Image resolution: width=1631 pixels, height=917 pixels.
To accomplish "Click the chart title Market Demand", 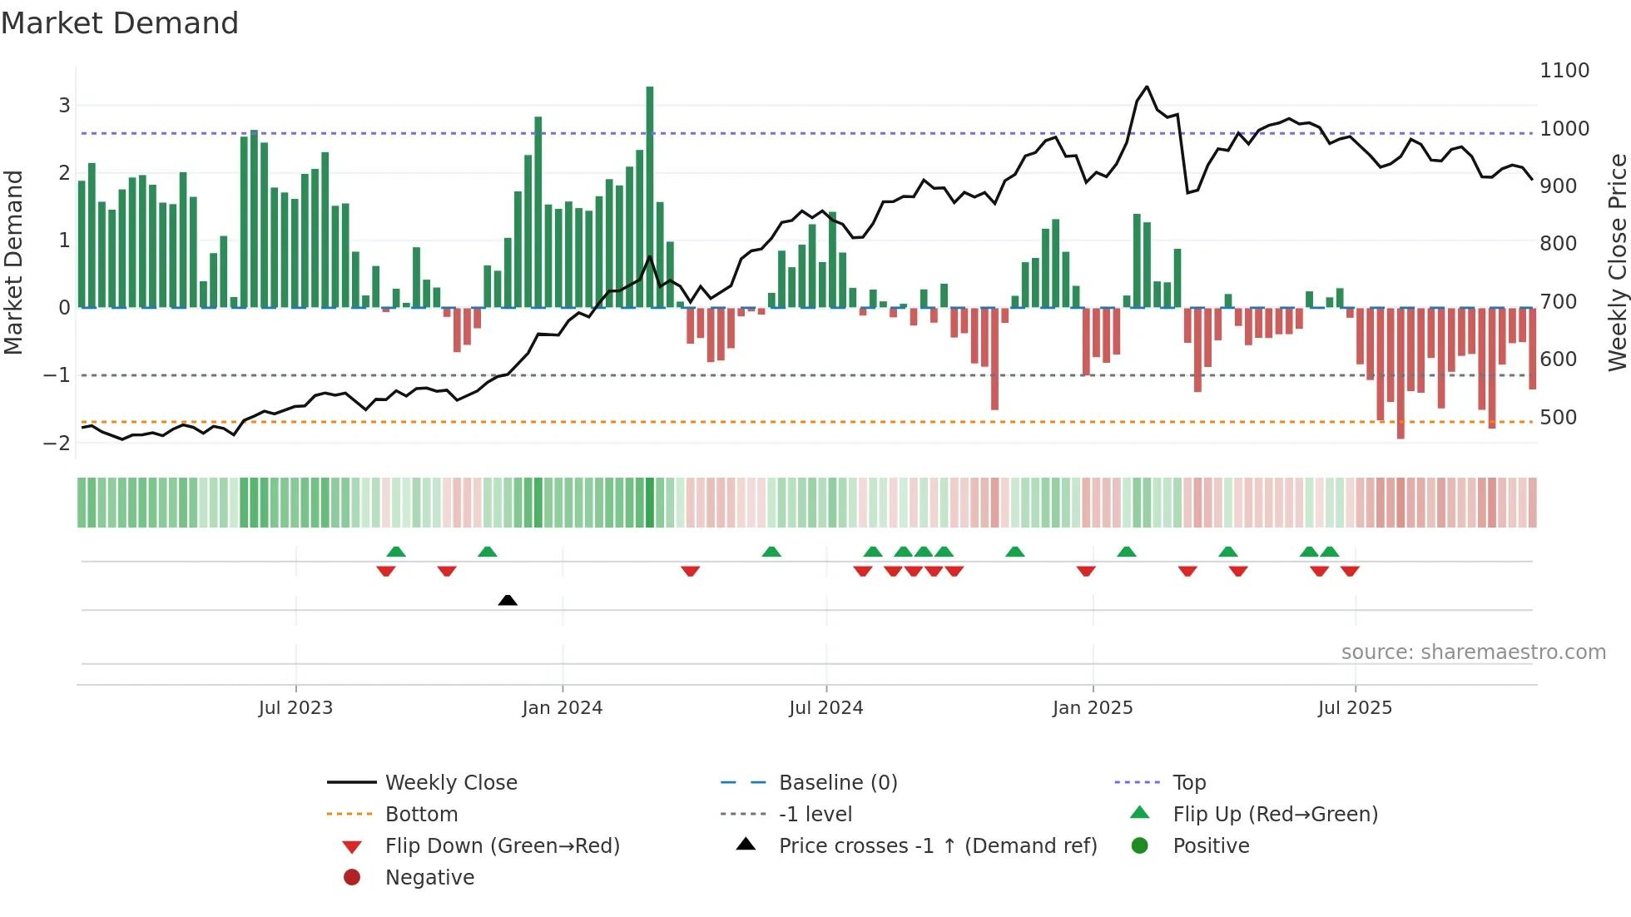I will click(x=120, y=23).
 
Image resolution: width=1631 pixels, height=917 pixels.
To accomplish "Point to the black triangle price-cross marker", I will click(x=508, y=600).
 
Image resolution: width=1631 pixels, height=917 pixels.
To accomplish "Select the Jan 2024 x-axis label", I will click(x=562, y=708).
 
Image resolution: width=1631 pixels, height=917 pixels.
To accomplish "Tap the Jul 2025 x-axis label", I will click(x=1354, y=708).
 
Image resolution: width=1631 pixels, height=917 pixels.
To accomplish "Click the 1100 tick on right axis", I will click(x=1564, y=71).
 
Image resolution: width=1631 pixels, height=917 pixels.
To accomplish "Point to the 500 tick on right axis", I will click(x=1558, y=417).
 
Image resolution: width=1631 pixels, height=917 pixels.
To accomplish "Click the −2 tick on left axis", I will click(x=57, y=443).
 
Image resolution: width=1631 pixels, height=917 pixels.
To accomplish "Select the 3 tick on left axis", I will click(x=64, y=106).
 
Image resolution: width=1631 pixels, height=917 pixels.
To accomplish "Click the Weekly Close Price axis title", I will click(x=1617, y=262).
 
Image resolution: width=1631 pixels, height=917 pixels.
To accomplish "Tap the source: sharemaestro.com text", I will click(x=1473, y=652).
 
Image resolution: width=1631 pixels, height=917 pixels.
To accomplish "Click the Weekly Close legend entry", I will click(x=450, y=783).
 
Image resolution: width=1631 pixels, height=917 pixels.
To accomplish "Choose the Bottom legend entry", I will click(x=421, y=815).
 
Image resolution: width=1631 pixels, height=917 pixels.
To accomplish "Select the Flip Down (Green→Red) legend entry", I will click(x=502, y=846).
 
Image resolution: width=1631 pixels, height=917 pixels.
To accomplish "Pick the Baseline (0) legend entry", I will click(x=837, y=783).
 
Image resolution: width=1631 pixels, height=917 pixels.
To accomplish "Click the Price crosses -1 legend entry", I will click(x=937, y=846).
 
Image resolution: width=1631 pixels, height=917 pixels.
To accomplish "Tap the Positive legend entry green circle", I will click(x=1140, y=846).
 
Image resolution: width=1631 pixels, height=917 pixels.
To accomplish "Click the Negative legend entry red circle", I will click(x=352, y=878).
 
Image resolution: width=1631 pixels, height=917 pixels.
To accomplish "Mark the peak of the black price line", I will click(x=1147, y=87).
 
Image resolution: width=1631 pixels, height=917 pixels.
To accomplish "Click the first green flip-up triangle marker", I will click(x=396, y=552).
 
